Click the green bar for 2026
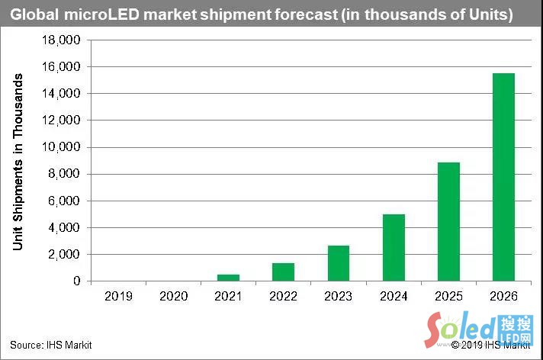tap(503, 177)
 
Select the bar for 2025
tap(448, 221)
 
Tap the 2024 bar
tap(394, 247)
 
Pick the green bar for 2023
tap(339, 263)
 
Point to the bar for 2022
tap(284, 272)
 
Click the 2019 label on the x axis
tap(118, 296)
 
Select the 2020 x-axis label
tap(174, 296)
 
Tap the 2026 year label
tap(503, 296)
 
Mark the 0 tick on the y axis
tap(77, 281)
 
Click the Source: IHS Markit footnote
tap(50, 346)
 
